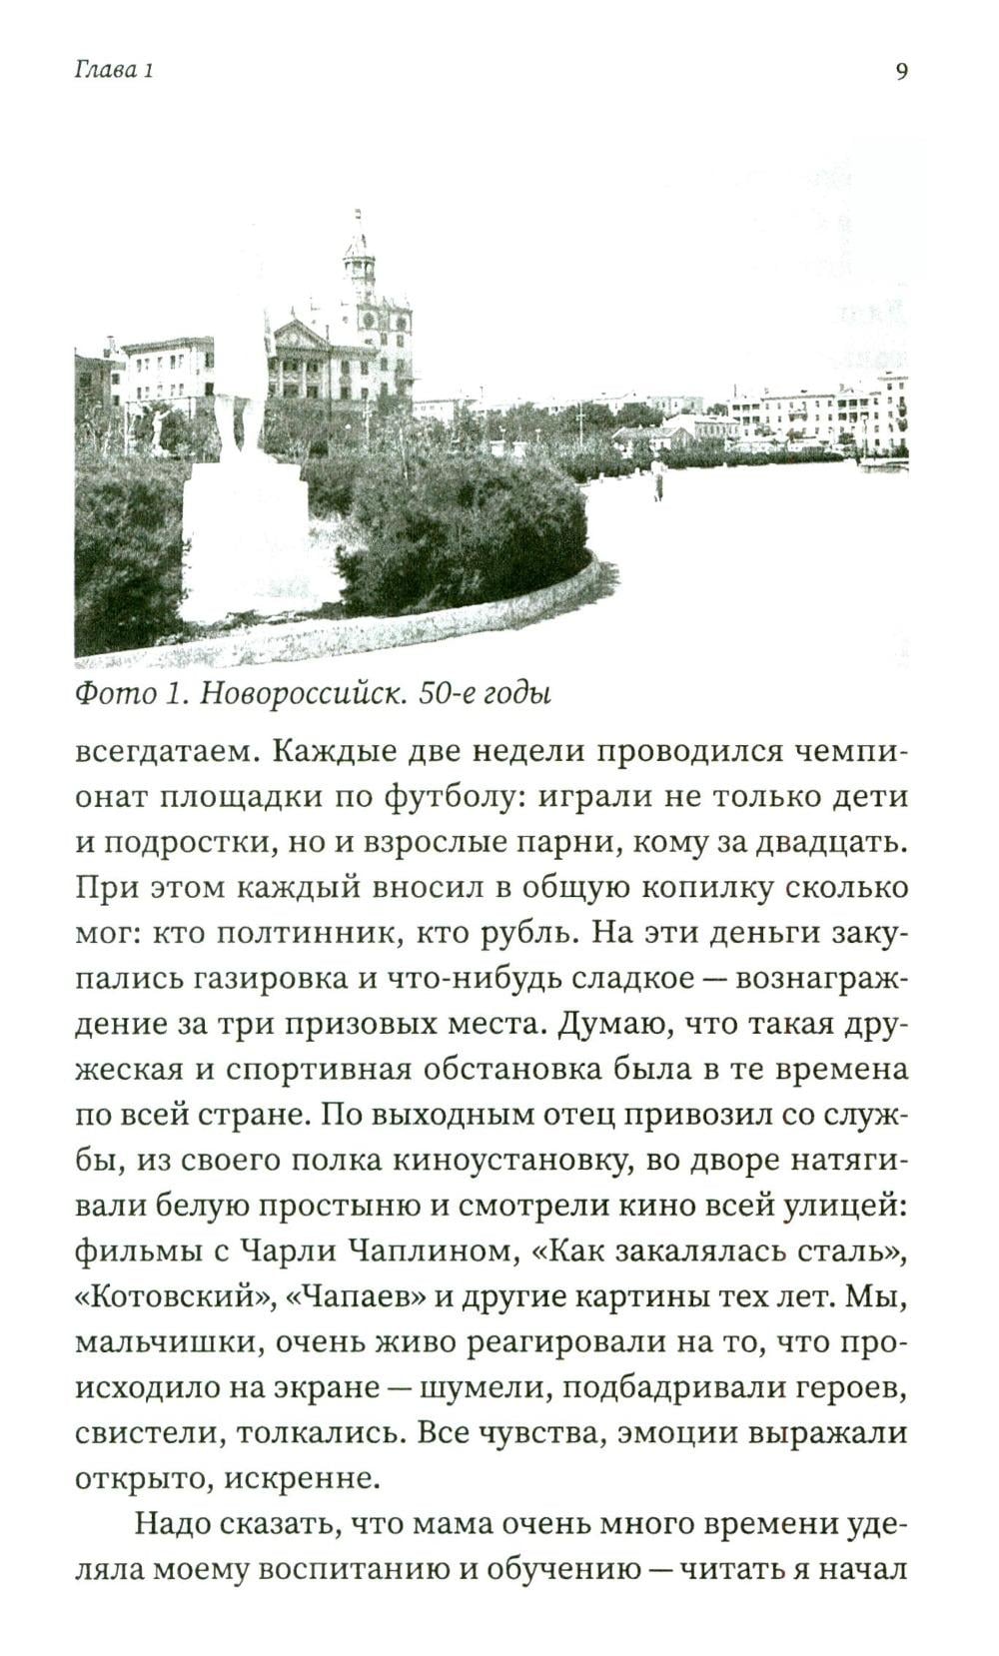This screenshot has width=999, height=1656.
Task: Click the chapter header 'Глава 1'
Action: [114, 71]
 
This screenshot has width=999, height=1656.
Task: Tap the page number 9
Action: [901, 71]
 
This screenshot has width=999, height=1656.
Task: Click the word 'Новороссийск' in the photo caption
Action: [303, 693]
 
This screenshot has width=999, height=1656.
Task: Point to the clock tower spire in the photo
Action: [359, 240]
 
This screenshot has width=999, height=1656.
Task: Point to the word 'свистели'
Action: [147, 1432]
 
